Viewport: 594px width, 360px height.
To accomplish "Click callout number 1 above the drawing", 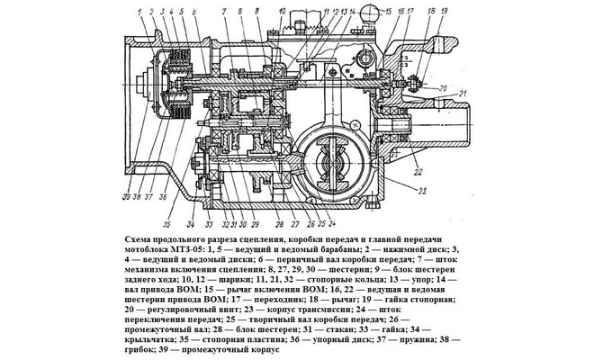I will [x=140, y=11].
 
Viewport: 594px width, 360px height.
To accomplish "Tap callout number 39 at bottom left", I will [x=127, y=196].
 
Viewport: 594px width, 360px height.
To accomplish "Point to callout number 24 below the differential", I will [x=332, y=223].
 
